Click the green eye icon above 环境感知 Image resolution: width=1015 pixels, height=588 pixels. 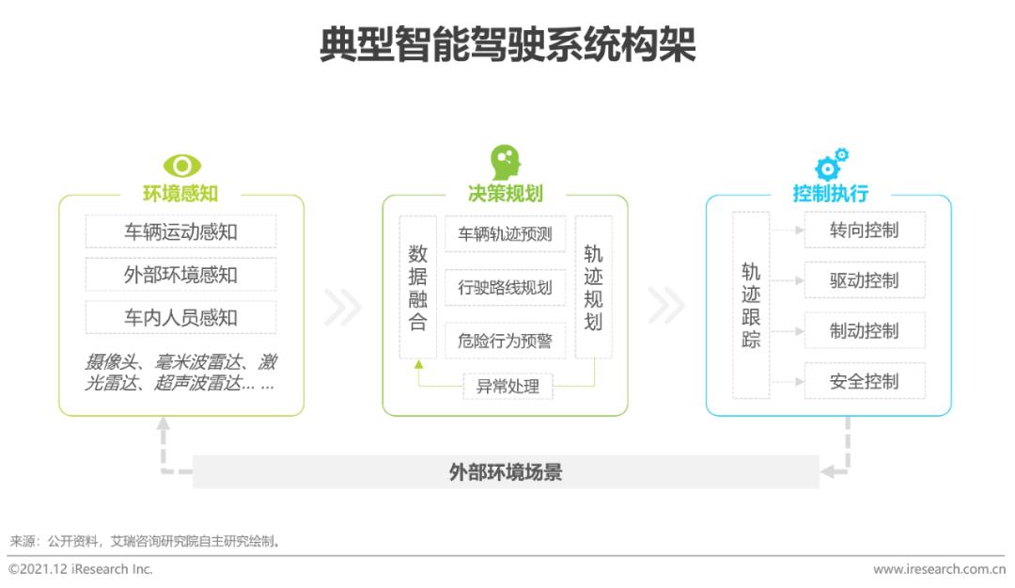tap(182, 166)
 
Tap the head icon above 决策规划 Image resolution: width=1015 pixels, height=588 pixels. tap(506, 162)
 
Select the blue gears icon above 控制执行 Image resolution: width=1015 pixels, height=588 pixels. tap(831, 164)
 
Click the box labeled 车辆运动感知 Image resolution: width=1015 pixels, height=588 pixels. tap(180, 231)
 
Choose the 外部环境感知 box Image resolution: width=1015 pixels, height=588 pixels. tap(180, 274)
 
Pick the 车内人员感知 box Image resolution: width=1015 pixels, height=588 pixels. tap(180, 317)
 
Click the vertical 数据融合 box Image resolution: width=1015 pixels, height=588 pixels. tap(417, 287)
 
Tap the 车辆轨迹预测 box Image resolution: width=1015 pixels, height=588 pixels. tap(505, 233)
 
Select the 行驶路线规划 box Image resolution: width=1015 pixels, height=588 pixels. tap(505, 287)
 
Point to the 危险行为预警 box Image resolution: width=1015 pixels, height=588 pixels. tap(505, 341)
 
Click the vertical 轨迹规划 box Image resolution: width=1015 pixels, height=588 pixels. tap(594, 287)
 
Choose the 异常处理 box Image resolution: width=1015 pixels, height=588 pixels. tap(507, 387)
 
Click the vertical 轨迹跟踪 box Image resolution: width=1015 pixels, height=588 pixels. tap(751, 305)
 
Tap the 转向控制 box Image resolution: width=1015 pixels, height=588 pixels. tap(865, 230)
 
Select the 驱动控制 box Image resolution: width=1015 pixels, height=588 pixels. tap(865, 280)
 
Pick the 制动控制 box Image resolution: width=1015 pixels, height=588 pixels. tap(865, 330)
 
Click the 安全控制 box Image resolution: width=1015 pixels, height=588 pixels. tap(865, 381)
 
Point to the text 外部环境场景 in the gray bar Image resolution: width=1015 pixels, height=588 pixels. tap(506, 472)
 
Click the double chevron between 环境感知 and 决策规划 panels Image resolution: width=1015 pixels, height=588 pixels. tap(342, 306)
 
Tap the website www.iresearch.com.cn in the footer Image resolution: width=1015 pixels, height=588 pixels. tap(939, 569)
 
